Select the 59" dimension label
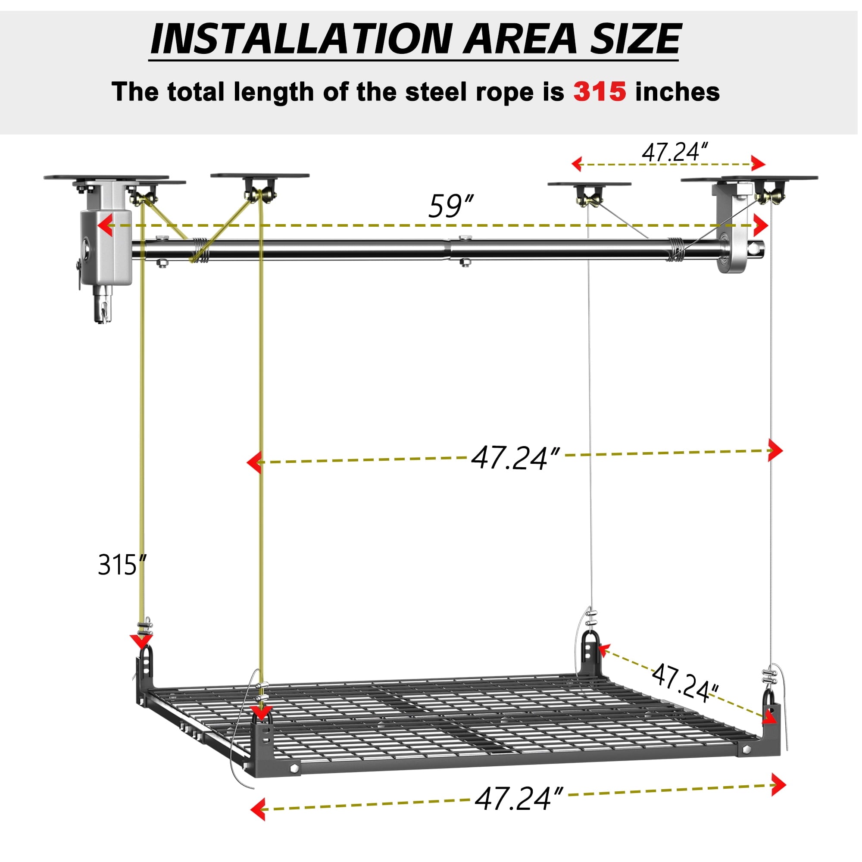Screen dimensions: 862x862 pos(451,206)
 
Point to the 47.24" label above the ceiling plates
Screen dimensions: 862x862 pos(675,152)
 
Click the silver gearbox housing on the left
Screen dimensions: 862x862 pos(106,248)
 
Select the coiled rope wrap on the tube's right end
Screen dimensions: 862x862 pos(678,251)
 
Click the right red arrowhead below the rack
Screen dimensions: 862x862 pos(778,784)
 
